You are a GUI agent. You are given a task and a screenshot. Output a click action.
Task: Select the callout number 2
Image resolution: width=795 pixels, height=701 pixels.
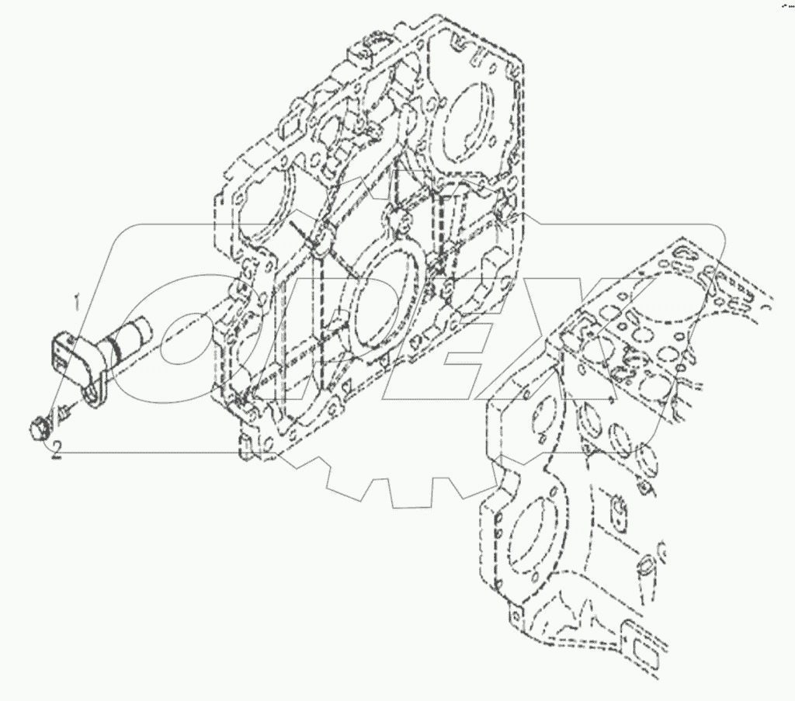[x=55, y=455]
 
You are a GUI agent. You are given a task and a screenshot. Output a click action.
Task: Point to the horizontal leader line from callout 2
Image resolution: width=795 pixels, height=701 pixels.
[x=155, y=453]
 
